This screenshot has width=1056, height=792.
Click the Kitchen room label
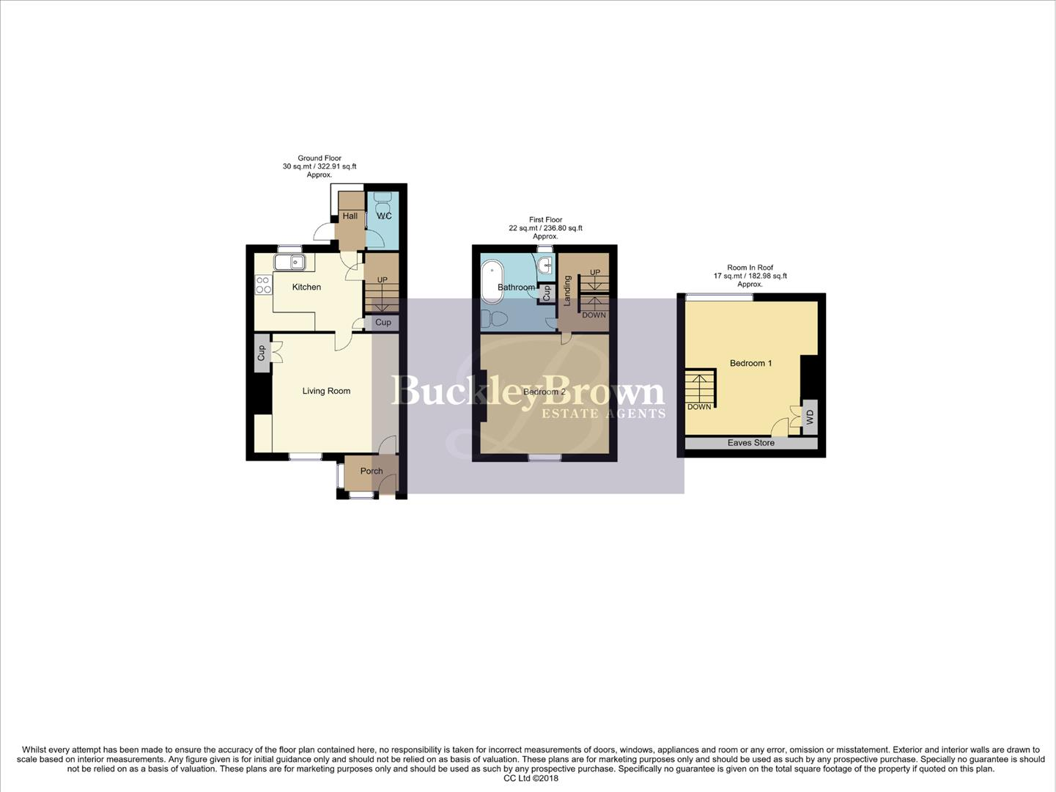(306, 287)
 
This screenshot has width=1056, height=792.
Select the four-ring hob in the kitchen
(263, 285)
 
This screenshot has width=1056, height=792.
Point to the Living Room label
(326, 391)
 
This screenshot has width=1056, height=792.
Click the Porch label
(371, 471)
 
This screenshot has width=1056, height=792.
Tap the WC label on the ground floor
(384, 216)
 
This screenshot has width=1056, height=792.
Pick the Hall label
(350, 216)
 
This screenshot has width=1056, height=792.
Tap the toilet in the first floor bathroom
(497, 319)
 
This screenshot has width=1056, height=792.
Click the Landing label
(567, 290)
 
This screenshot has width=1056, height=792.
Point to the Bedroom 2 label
(544, 392)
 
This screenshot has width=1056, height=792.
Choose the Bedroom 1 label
(750, 363)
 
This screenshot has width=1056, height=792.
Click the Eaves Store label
(750, 443)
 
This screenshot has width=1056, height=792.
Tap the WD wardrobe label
(810, 417)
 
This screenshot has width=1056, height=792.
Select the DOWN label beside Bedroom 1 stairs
(698, 406)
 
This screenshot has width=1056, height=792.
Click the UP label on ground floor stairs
(382, 279)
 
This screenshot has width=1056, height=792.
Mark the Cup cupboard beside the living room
(261, 353)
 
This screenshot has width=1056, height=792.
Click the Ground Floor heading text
(319, 158)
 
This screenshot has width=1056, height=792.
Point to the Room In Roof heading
(750, 268)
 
